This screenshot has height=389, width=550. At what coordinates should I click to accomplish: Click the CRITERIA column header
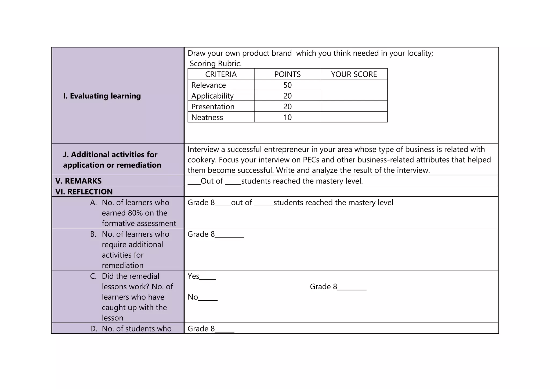(x=221, y=74)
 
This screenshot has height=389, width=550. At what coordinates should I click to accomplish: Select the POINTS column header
(x=287, y=74)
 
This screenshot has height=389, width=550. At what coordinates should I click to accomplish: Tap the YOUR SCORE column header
(x=354, y=74)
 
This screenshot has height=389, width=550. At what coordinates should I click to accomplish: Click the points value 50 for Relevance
(x=287, y=85)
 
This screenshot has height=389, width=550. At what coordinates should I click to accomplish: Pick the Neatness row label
(x=207, y=117)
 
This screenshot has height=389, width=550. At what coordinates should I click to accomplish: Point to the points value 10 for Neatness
(x=287, y=117)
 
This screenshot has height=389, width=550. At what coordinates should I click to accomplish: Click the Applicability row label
(x=212, y=96)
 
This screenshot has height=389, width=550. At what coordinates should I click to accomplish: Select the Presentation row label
(x=213, y=107)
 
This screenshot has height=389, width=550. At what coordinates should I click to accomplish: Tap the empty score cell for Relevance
(x=354, y=85)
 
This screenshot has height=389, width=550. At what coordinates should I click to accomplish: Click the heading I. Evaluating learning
(x=102, y=96)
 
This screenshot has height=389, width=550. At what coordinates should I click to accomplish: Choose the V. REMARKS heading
(x=78, y=181)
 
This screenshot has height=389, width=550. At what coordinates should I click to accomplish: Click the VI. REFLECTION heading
(x=84, y=192)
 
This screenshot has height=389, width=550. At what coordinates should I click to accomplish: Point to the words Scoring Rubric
(x=216, y=64)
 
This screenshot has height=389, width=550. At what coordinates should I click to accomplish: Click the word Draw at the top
(x=196, y=53)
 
